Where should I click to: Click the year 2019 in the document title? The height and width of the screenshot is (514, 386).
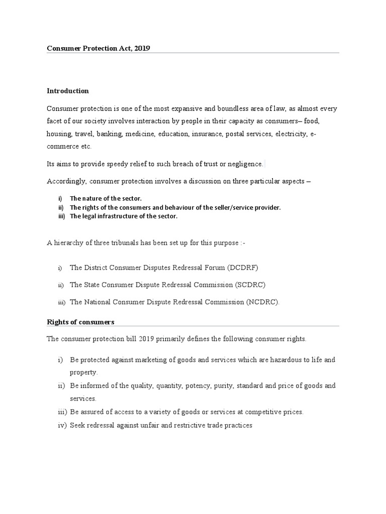(x=142, y=48)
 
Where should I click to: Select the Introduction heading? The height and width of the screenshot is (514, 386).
(x=68, y=91)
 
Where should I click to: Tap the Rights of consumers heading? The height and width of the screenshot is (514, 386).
(x=80, y=321)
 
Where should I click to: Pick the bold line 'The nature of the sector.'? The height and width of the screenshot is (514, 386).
(x=106, y=198)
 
